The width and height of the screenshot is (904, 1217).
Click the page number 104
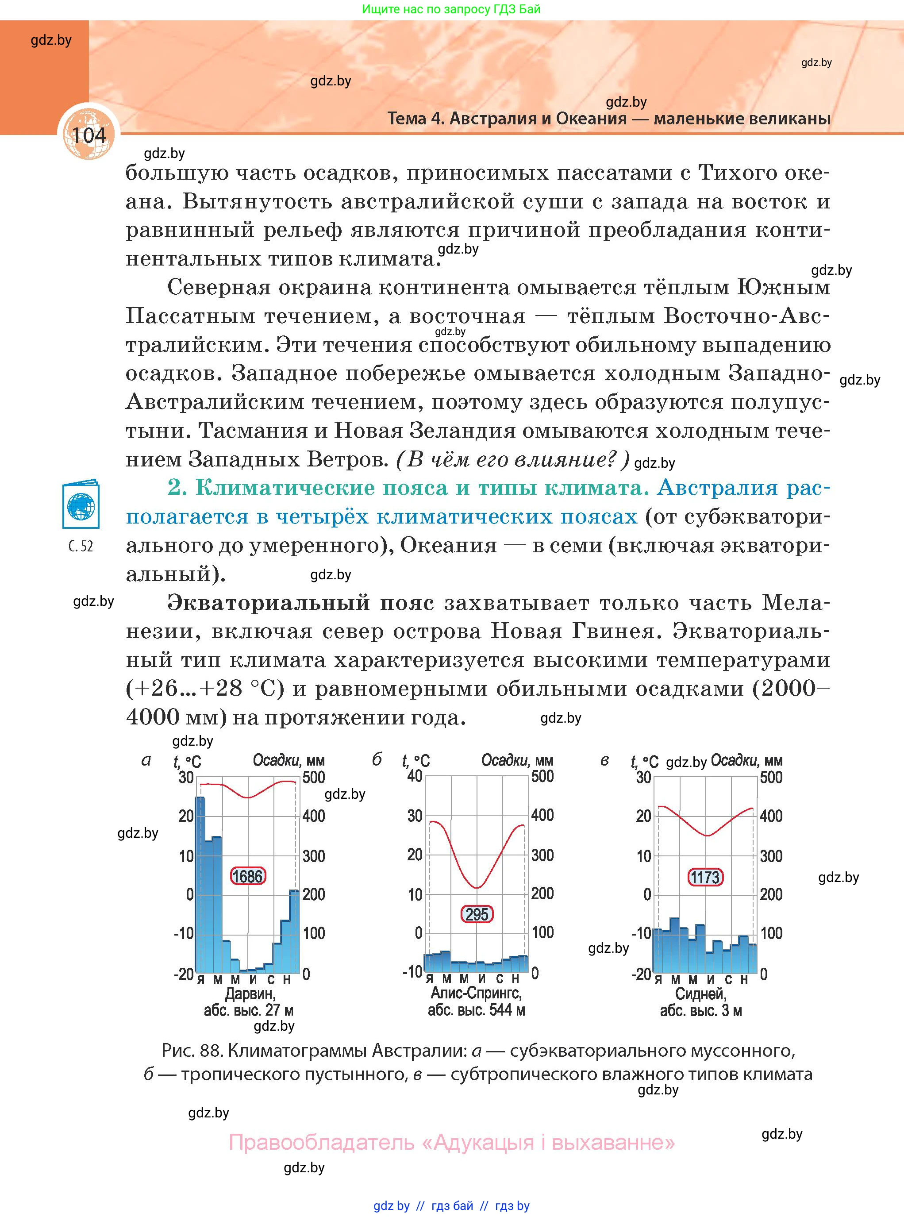(88, 135)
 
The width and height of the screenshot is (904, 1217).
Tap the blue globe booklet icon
(81, 504)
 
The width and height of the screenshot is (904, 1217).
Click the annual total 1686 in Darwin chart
(248, 876)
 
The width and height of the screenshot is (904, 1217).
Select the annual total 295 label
(477, 914)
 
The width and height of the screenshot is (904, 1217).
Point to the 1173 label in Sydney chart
(705, 877)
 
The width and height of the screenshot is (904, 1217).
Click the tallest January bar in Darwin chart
(200, 884)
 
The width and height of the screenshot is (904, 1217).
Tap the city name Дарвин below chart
(250, 993)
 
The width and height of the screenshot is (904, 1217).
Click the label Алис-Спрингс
(476, 993)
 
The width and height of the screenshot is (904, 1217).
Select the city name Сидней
(700, 993)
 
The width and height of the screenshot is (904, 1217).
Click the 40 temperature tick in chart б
(415, 776)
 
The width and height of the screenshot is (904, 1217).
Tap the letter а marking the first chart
(146, 760)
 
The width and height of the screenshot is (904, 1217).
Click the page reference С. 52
(81, 546)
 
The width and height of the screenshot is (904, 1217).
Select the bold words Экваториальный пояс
(300, 602)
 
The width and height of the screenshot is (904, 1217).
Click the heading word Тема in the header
(407, 118)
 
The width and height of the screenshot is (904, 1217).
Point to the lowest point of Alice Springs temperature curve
(477, 888)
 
